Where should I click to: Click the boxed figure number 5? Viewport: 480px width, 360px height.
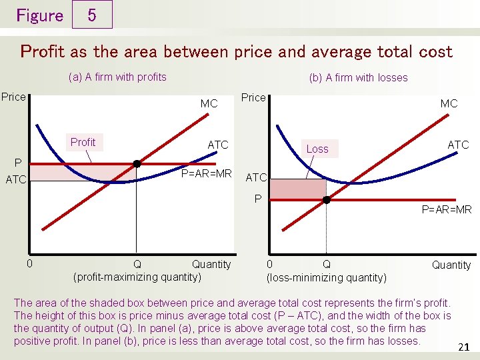[x=91, y=15]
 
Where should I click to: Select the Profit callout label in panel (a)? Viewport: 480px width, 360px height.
[x=83, y=142]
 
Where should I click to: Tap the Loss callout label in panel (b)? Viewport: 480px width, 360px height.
[x=317, y=149]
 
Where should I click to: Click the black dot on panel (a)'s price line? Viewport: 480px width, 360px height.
[x=137, y=163]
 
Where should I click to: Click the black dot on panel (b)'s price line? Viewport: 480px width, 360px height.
[x=327, y=199]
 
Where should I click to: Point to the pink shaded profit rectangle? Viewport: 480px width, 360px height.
[x=83, y=173]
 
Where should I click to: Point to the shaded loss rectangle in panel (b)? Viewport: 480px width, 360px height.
[x=297, y=189]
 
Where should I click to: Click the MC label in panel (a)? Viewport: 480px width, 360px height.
[x=209, y=104]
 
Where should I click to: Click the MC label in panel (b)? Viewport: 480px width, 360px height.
[x=449, y=103]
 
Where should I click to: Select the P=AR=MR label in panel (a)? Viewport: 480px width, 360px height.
[x=207, y=174]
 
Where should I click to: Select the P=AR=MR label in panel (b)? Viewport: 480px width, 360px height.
[x=447, y=210]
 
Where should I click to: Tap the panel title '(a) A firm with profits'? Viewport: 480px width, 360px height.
[x=117, y=77]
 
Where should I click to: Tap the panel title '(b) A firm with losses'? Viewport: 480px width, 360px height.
[x=358, y=77]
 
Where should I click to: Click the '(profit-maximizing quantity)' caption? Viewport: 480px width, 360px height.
[x=137, y=277]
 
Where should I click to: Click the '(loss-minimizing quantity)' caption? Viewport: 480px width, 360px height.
[x=326, y=277]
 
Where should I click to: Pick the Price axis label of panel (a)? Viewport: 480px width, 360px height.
[x=13, y=97]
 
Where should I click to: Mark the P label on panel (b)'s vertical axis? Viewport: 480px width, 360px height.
[x=257, y=198]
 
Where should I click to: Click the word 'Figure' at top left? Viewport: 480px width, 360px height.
[x=39, y=15]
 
